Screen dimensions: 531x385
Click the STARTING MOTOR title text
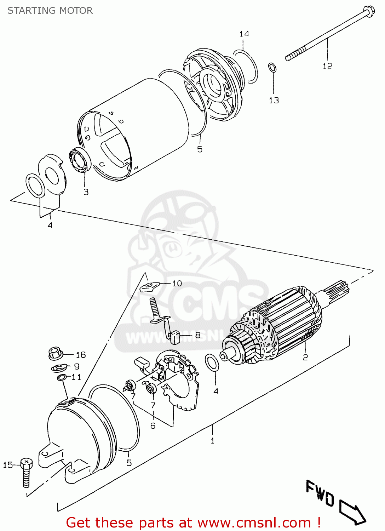point(50,11)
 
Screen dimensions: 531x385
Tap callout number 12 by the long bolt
point(327,66)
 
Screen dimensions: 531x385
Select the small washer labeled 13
point(272,67)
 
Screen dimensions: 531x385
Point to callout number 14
point(244,34)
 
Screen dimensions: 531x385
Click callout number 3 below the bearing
point(86,192)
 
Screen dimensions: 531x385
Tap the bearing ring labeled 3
point(80,161)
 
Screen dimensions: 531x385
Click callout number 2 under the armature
point(305,357)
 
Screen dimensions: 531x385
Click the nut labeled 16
point(55,353)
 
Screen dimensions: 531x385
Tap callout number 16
point(81,355)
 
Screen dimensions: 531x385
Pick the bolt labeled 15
point(26,471)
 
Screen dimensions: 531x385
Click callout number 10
point(177,283)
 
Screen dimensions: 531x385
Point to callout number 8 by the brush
point(197,335)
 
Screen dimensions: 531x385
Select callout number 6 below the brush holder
point(153,426)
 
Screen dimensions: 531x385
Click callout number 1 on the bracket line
point(212,441)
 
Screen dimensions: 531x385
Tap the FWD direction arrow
point(352,512)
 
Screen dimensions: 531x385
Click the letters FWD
point(320,493)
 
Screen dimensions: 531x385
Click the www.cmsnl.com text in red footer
point(253,523)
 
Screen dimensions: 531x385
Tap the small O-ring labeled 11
point(62,378)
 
